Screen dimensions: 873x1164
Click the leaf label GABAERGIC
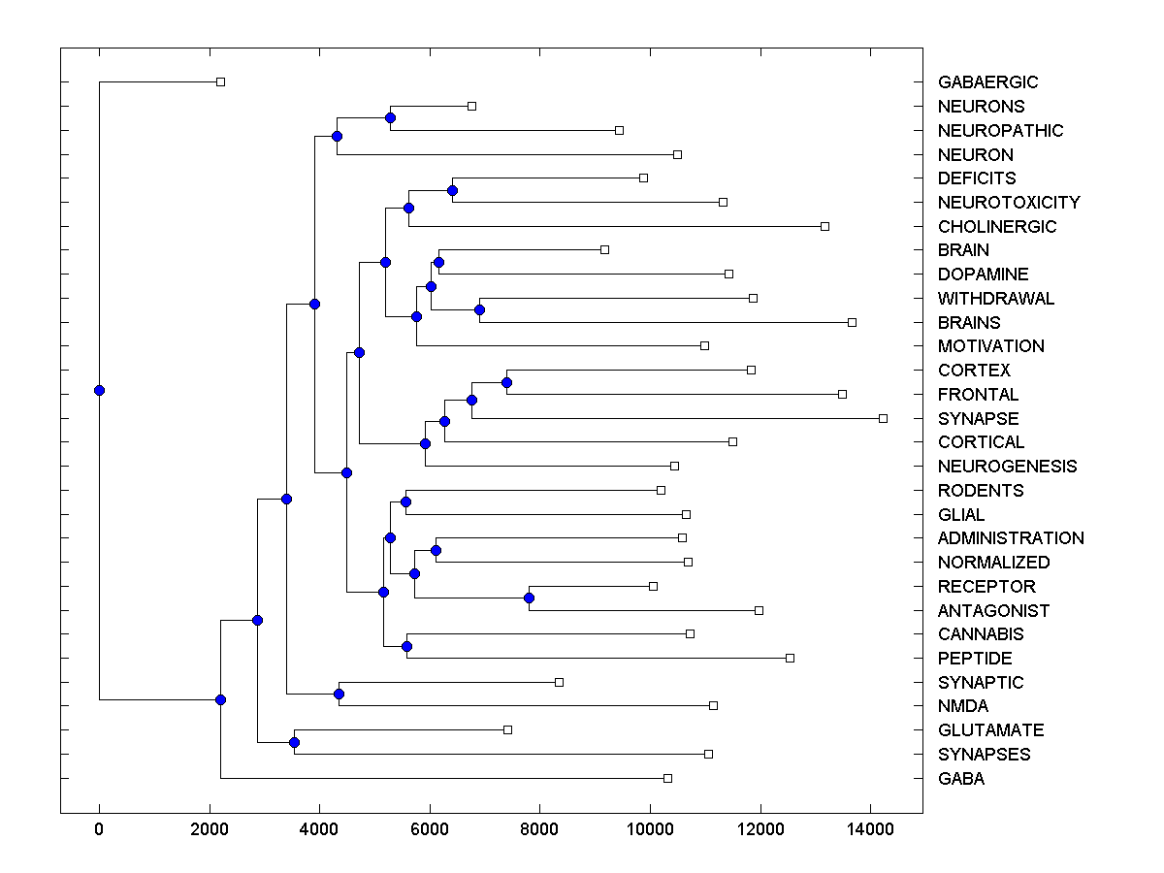[x=987, y=82]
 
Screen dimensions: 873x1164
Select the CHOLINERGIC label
[x=997, y=227]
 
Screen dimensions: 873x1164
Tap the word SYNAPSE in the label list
[x=978, y=419]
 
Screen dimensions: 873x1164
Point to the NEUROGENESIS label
[x=1007, y=467]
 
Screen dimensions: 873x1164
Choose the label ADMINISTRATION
[x=1011, y=538]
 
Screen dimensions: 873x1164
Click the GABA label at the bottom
[x=960, y=779]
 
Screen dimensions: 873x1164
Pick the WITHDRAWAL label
[x=995, y=299]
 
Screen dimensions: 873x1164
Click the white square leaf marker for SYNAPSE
[x=883, y=418]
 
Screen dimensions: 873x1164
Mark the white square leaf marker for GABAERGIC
[x=220, y=81]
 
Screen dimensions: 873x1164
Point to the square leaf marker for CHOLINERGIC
[x=824, y=226]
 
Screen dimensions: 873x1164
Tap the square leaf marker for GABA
[x=667, y=778]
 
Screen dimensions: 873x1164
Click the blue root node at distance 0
[x=99, y=390]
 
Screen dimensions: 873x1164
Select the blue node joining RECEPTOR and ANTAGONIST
[x=530, y=598]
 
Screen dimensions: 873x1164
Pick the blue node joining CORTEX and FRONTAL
[x=506, y=382]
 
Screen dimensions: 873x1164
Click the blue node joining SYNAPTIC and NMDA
[x=339, y=694]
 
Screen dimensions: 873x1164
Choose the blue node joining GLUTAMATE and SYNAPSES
[x=294, y=742]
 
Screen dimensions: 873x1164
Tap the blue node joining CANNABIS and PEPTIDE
[x=406, y=646]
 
